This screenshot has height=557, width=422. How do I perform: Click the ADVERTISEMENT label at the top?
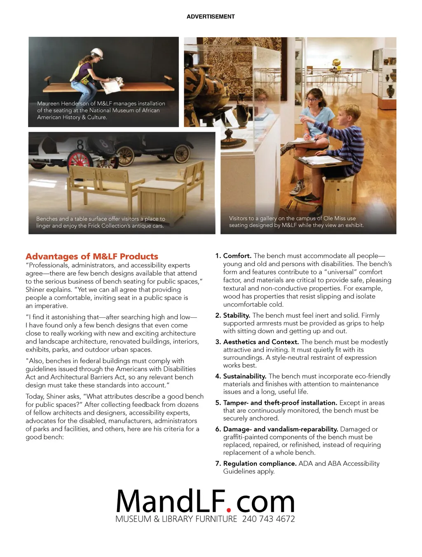coord(211,17)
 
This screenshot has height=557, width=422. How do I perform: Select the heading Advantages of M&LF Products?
coord(92,256)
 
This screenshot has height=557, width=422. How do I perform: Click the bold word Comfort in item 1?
coord(237,256)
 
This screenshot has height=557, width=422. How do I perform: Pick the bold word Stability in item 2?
coord(237,315)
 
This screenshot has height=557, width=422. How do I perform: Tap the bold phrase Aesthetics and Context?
coord(261,342)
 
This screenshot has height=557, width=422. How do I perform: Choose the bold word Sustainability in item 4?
coord(245,376)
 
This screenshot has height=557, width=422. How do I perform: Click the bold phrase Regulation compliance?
coord(260,463)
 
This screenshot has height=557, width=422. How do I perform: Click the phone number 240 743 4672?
coord(268,519)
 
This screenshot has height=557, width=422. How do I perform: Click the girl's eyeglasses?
coord(312,99)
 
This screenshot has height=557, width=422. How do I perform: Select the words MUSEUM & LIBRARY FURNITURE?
coord(176,519)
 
